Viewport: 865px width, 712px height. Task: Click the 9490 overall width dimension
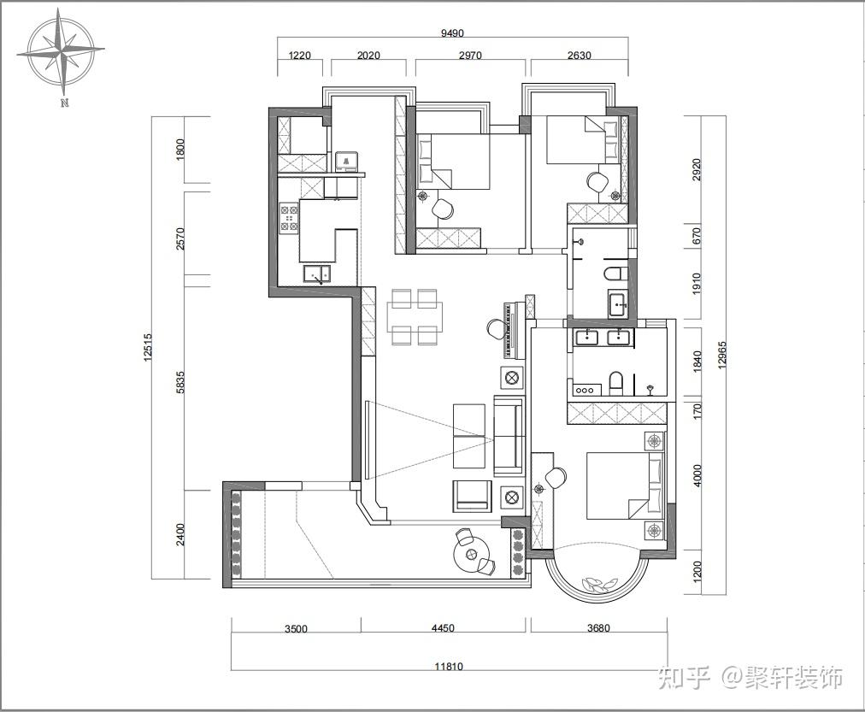pos(452,33)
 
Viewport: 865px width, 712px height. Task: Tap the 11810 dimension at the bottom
pos(449,666)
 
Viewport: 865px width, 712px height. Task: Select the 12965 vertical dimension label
pos(722,356)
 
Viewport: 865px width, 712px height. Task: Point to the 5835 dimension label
pos(180,382)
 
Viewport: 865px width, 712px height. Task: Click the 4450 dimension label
pos(443,627)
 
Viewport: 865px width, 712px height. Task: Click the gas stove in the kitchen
pos(290,217)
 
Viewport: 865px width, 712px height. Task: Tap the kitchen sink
pos(316,274)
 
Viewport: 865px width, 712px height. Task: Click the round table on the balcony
pos(471,554)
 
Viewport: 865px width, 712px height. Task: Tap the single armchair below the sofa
pos(472,495)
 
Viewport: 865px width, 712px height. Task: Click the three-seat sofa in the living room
pos(509,436)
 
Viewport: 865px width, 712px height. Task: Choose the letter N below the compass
pos(65,103)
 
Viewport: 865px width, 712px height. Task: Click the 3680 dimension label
pos(598,627)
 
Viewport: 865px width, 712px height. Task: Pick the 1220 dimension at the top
pos(299,56)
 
